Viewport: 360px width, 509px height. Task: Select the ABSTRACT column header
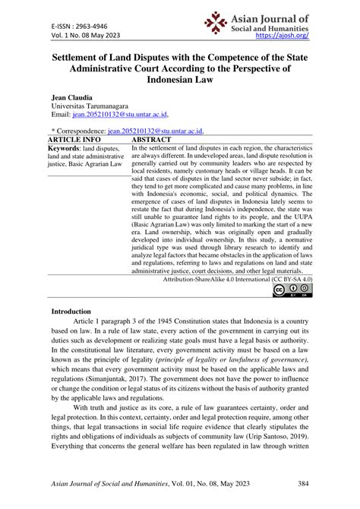[x=156, y=141]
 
